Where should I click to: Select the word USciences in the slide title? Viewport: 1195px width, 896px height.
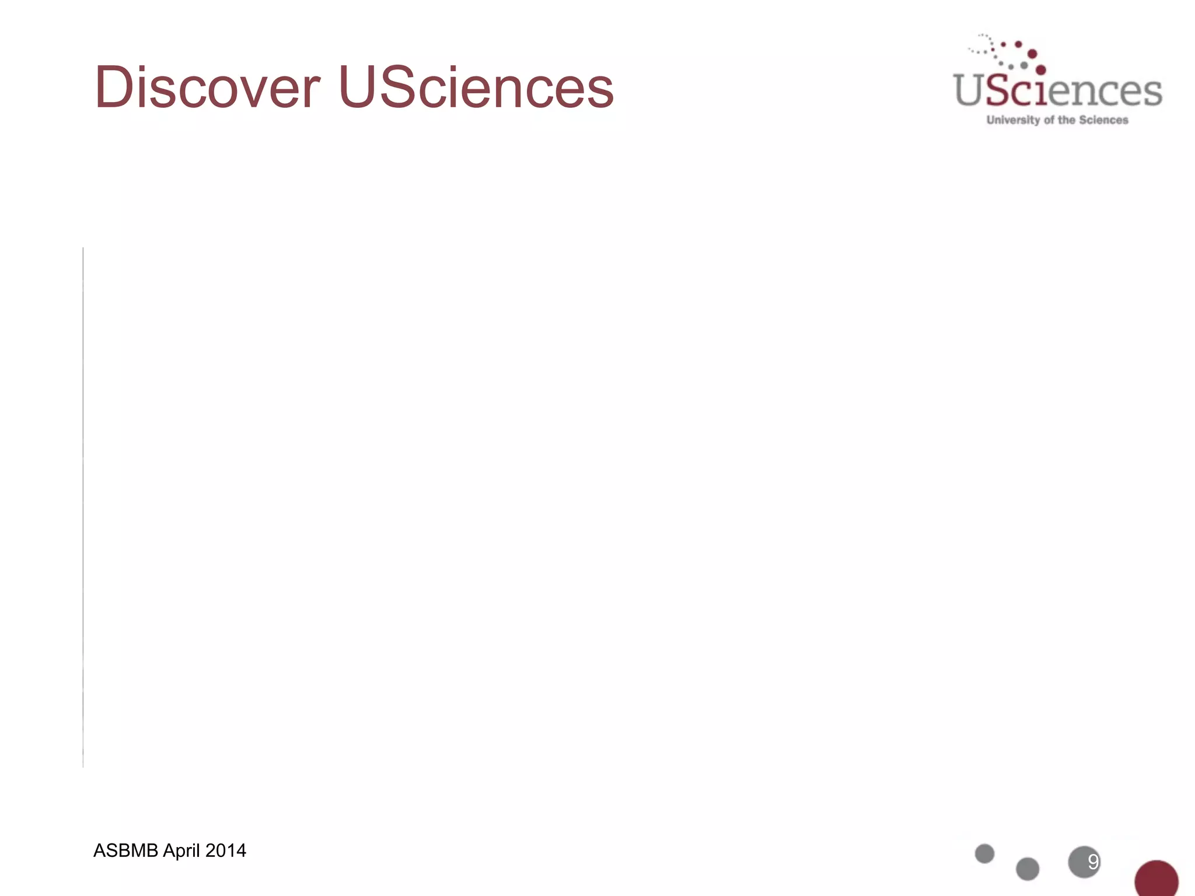pos(476,87)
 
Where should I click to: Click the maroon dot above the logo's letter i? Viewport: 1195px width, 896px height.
pos(1040,71)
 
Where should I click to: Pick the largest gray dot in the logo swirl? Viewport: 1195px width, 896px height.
pos(1024,65)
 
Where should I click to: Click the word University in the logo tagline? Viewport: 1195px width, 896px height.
pos(1013,120)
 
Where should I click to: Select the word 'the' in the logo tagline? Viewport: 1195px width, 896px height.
pos(1067,120)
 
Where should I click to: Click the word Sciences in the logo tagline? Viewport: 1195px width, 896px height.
pos(1103,120)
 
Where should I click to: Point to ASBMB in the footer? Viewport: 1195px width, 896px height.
pos(125,850)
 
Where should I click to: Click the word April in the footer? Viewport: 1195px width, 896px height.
pos(181,850)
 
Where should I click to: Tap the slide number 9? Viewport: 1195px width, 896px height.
pos(1093,862)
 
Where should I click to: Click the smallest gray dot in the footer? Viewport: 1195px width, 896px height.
pos(984,853)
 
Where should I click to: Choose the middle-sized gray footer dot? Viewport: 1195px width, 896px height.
pos(1028,869)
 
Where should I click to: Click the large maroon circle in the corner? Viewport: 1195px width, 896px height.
pos(1156,879)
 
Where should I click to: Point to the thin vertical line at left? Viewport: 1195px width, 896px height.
pos(83,508)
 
